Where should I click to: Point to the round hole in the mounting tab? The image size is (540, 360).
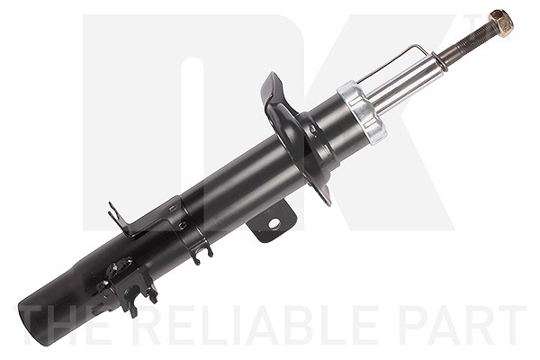pos(274,224)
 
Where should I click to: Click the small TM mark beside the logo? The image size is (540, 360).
pos(471,22)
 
